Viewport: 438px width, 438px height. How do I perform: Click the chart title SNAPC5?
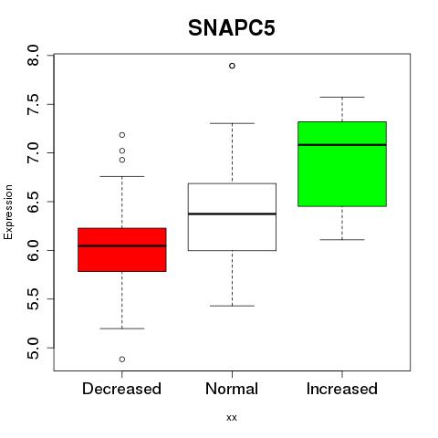pyautogui.click(x=232, y=28)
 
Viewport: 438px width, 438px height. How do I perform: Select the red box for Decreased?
pyautogui.click(x=122, y=250)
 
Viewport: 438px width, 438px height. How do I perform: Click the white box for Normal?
pyautogui.click(x=232, y=217)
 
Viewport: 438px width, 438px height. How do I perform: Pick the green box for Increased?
pyautogui.click(x=342, y=164)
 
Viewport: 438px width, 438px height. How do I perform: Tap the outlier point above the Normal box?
pyautogui.click(x=232, y=66)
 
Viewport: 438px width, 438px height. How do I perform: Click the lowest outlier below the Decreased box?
pyautogui.click(x=122, y=360)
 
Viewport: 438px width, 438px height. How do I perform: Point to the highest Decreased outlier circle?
pyautogui.click(x=122, y=135)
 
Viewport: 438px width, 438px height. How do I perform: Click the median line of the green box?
pyautogui.click(x=342, y=145)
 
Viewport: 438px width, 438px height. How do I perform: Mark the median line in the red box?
pyautogui.click(x=122, y=245)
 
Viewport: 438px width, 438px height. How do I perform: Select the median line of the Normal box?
pyautogui.click(x=232, y=214)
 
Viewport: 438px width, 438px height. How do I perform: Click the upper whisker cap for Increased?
pyautogui.click(x=342, y=97)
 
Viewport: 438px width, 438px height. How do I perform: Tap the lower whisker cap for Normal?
pyautogui.click(x=232, y=306)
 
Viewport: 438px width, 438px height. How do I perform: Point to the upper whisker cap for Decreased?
pyautogui.click(x=122, y=176)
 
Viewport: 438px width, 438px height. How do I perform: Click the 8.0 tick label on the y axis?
pyautogui.click(x=33, y=56)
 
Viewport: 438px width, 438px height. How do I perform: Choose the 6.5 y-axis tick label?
pyautogui.click(x=33, y=202)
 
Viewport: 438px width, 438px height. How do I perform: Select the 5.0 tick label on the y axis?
pyautogui.click(x=33, y=348)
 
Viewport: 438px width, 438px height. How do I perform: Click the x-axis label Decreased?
pyautogui.click(x=121, y=389)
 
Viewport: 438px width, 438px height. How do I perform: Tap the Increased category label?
pyautogui.click(x=342, y=389)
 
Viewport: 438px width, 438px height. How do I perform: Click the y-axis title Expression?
pyautogui.click(x=8, y=212)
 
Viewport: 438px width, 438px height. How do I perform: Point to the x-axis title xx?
pyautogui.click(x=232, y=418)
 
